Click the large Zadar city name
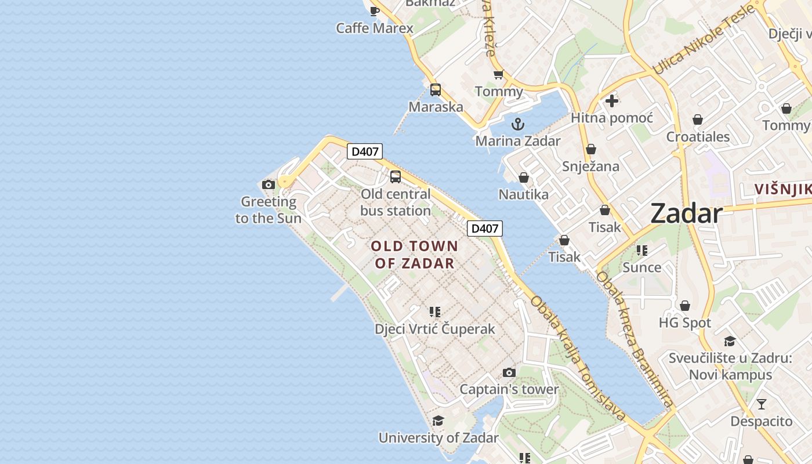click(686, 213)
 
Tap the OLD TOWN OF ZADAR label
click(414, 254)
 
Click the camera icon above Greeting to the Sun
click(269, 185)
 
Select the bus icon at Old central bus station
click(396, 177)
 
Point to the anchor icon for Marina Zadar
click(517, 124)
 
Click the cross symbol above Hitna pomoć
click(611, 101)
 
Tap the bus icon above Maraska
click(436, 90)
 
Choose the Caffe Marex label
click(375, 28)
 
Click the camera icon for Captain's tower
click(509, 372)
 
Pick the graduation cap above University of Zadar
click(438, 420)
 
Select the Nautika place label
click(523, 194)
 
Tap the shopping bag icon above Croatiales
click(698, 119)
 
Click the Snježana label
click(590, 166)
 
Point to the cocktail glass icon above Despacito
click(762, 404)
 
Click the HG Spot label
click(684, 322)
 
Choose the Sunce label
click(641, 267)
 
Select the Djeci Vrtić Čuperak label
click(434, 329)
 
